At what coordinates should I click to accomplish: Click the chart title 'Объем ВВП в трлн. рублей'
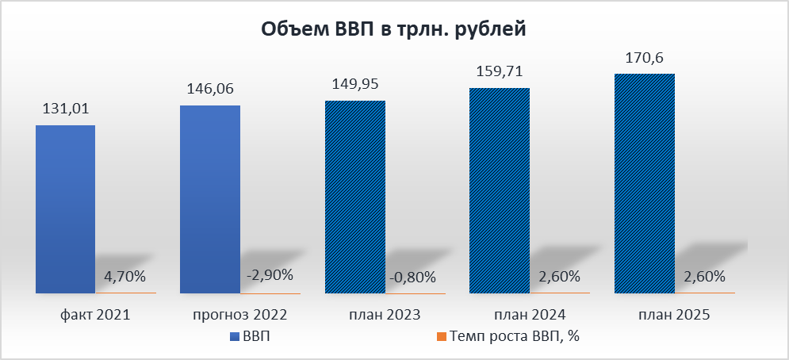pos(394,30)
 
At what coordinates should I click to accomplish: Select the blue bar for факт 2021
pos(66,209)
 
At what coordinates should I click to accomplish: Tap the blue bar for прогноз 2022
pos(210,199)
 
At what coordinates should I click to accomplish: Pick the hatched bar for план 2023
pos(355,197)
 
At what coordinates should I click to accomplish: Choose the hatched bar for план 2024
pos(500,190)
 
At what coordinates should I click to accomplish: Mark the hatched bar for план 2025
pos(645,183)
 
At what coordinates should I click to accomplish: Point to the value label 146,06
pos(209,90)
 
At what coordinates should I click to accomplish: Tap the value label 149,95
pos(355,85)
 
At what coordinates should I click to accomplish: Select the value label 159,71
pos(500,71)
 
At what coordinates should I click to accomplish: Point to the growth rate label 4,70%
pos(124,277)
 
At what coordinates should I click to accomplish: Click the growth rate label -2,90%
pos(270,275)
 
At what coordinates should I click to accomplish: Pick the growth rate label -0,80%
pos(414,277)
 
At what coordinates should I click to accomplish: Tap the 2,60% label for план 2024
pos(558,277)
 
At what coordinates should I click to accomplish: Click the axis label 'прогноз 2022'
pos(239,315)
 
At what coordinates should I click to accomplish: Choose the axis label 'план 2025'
pos(673,315)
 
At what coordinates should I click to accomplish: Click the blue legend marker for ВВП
pos(233,337)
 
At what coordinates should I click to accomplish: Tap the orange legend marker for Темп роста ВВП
pos(442,337)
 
